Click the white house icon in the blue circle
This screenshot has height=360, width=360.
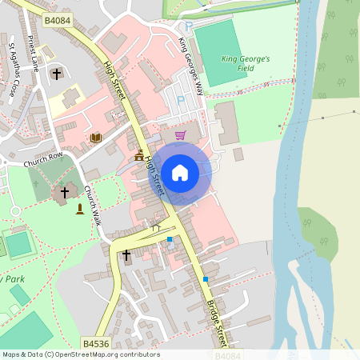point(180,172)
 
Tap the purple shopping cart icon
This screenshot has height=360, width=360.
point(180,135)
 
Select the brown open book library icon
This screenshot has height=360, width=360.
point(96,138)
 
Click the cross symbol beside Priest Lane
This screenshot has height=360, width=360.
point(56,74)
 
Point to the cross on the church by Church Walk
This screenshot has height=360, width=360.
point(65,193)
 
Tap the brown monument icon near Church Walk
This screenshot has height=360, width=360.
point(79,209)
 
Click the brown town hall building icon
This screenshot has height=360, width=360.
point(139,155)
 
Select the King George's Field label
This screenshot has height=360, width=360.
point(246,64)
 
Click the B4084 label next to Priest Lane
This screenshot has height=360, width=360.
point(58,20)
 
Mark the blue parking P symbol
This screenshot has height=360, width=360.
point(181,99)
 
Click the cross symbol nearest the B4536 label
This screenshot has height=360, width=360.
point(126,254)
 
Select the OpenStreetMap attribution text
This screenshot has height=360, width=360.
point(81,354)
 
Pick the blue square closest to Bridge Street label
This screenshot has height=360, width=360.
point(206,278)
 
